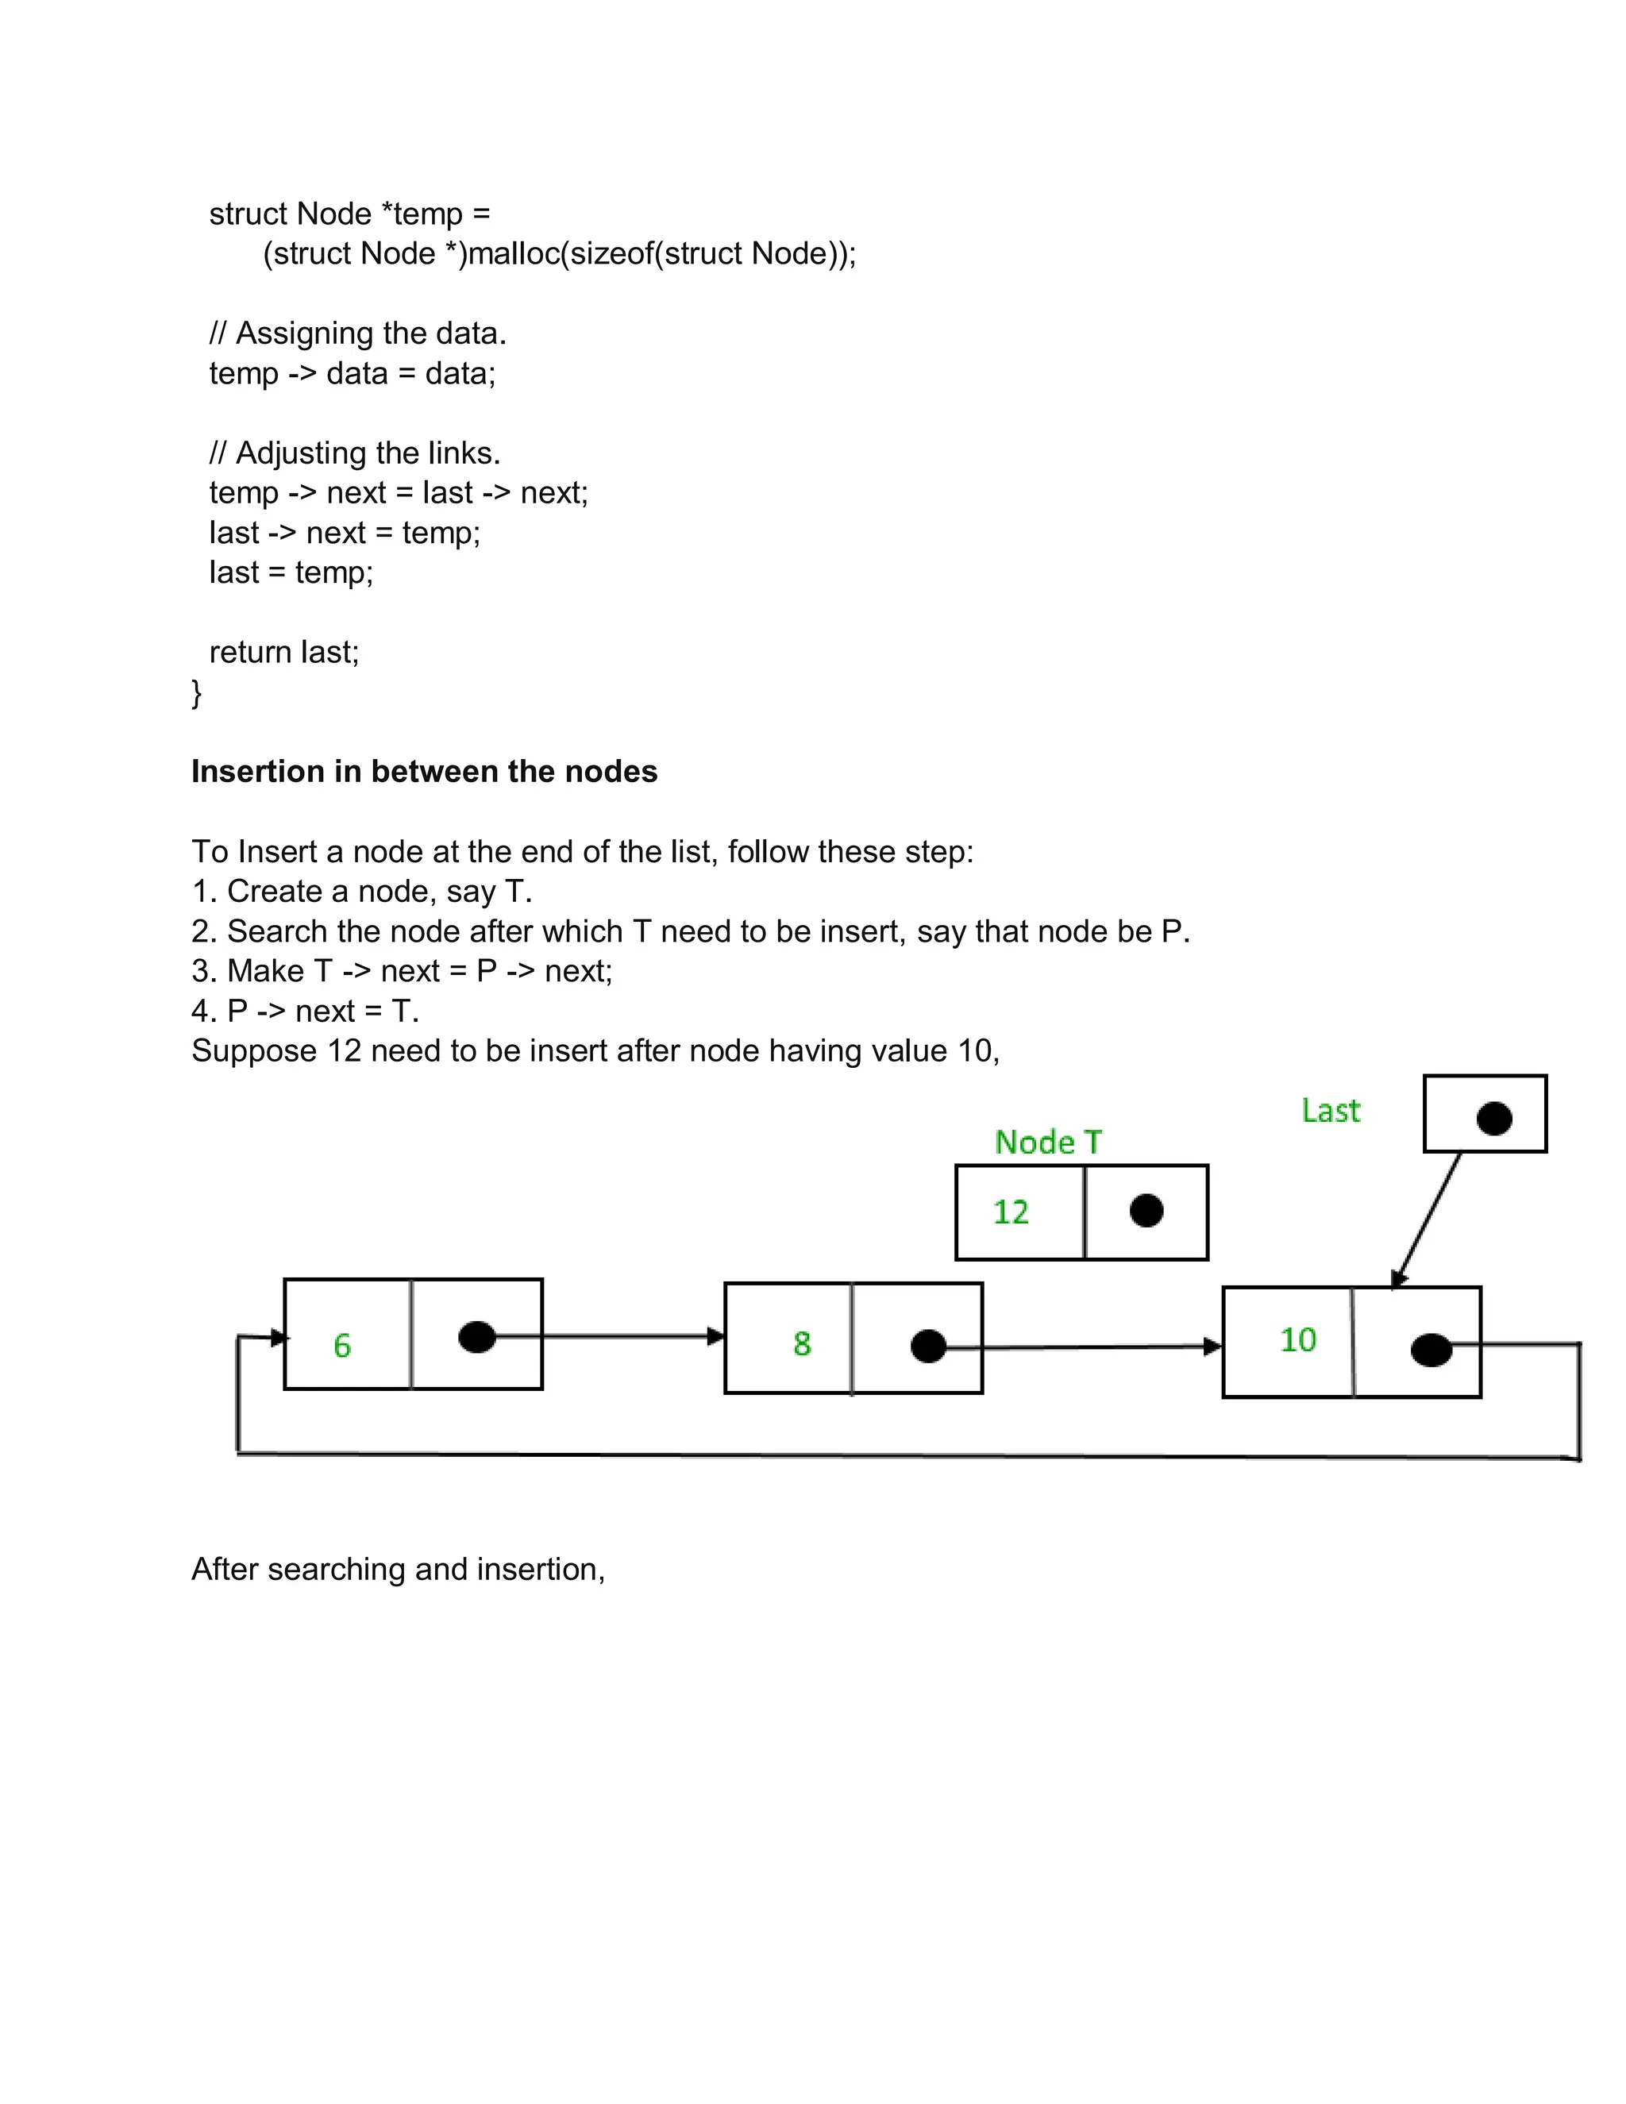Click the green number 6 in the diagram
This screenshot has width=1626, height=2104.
click(342, 1345)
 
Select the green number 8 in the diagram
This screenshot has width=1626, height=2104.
click(801, 1343)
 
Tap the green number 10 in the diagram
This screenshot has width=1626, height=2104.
click(1297, 1339)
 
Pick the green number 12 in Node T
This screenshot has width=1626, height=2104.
click(1011, 1212)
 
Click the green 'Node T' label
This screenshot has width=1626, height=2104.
click(1047, 1142)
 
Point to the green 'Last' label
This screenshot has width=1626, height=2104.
click(1331, 1111)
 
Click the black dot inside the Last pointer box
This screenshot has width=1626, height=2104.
click(1494, 1119)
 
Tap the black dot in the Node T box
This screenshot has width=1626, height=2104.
click(1146, 1211)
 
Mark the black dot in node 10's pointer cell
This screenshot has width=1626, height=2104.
click(1431, 1350)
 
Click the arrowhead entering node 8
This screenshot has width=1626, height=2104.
click(715, 1336)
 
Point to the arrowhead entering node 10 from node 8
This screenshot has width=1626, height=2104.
click(1213, 1346)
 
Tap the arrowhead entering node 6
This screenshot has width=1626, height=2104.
click(279, 1337)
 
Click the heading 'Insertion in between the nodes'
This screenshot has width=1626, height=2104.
click(424, 772)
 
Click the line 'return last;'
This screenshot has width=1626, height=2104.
click(284, 652)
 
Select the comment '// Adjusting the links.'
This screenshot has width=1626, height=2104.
click(354, 453)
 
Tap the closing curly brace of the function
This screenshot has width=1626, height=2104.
click(197, 692)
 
